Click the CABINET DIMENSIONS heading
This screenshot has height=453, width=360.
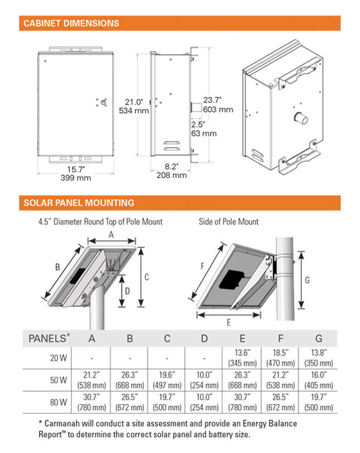pos(71,23)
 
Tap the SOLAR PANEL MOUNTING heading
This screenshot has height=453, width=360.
pos(79,203)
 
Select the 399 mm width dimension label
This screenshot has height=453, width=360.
pos(76,178)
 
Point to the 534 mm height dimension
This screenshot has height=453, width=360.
pos(134,111)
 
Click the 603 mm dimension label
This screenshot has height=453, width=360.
pos(218,110)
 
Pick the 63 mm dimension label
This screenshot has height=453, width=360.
pos(204,133)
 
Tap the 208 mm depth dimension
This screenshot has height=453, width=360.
pos(172,176)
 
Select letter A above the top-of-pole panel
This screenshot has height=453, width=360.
pos(111,235)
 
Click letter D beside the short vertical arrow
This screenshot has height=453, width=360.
pos(128,291)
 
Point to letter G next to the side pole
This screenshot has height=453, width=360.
pos(307,280)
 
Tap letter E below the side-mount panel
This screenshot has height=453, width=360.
pos(229,322)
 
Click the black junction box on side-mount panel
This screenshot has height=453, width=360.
pos(231,280)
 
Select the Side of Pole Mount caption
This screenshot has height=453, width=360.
pos(229,222)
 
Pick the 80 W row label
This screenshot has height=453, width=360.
pos(59,403)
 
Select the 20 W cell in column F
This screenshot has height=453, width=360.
pos(280,358)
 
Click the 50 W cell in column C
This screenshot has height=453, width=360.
pos(167,380)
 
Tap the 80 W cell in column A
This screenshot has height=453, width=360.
pos(92,403)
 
